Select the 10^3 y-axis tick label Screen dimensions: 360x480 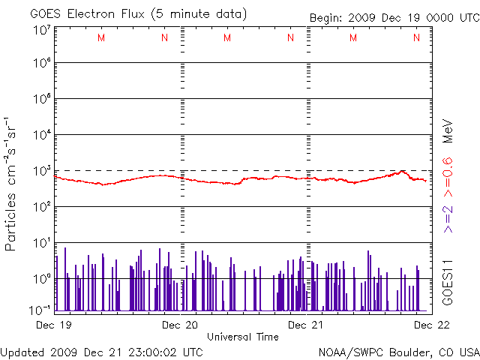coord(42,170)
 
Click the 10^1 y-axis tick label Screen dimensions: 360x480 coord(42,242)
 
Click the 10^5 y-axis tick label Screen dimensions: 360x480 coord(42,99)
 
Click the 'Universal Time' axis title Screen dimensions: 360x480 coord(242,337)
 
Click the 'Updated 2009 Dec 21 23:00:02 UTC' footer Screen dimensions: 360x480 coord(101,352)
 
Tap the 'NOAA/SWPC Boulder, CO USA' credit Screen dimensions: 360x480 coord(398,352)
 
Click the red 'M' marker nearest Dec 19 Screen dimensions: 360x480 coord(101,37)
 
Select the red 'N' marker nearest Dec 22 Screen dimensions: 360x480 coord(416,37)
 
